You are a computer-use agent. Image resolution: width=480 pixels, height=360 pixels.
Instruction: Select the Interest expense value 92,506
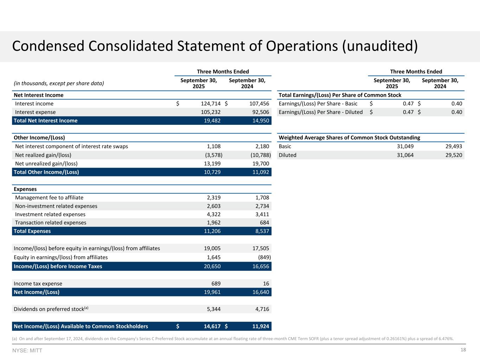click(260, 112)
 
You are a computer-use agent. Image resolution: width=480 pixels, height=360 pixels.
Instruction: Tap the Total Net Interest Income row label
click(45, 121)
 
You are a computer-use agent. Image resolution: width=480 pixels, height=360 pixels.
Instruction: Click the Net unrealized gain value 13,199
click(212, 163)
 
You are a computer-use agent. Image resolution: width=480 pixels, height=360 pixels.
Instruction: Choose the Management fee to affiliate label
click(49, 198)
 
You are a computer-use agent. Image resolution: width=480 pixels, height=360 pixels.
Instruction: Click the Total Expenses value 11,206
click(212, 231)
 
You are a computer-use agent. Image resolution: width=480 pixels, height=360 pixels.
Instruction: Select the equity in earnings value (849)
click(263, 257)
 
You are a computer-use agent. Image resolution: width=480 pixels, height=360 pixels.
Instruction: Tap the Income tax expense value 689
click(216, 284)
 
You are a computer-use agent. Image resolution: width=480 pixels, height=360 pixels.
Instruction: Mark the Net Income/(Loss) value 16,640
click(261, 292)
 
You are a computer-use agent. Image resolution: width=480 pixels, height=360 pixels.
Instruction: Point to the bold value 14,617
click(212, 326)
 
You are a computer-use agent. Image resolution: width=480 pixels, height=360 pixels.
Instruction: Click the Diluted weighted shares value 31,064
click(405, 155)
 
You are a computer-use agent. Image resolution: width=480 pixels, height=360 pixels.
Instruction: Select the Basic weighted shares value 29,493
click(454, 146)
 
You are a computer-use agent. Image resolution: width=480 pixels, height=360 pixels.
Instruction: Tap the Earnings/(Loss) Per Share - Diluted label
click(320, 112)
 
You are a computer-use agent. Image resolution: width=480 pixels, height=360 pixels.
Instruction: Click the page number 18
click(463, 350)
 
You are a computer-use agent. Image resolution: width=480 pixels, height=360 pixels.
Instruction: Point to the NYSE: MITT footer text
click(27, 351)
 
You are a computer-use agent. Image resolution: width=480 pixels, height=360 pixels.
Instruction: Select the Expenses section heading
click(25, 189)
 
